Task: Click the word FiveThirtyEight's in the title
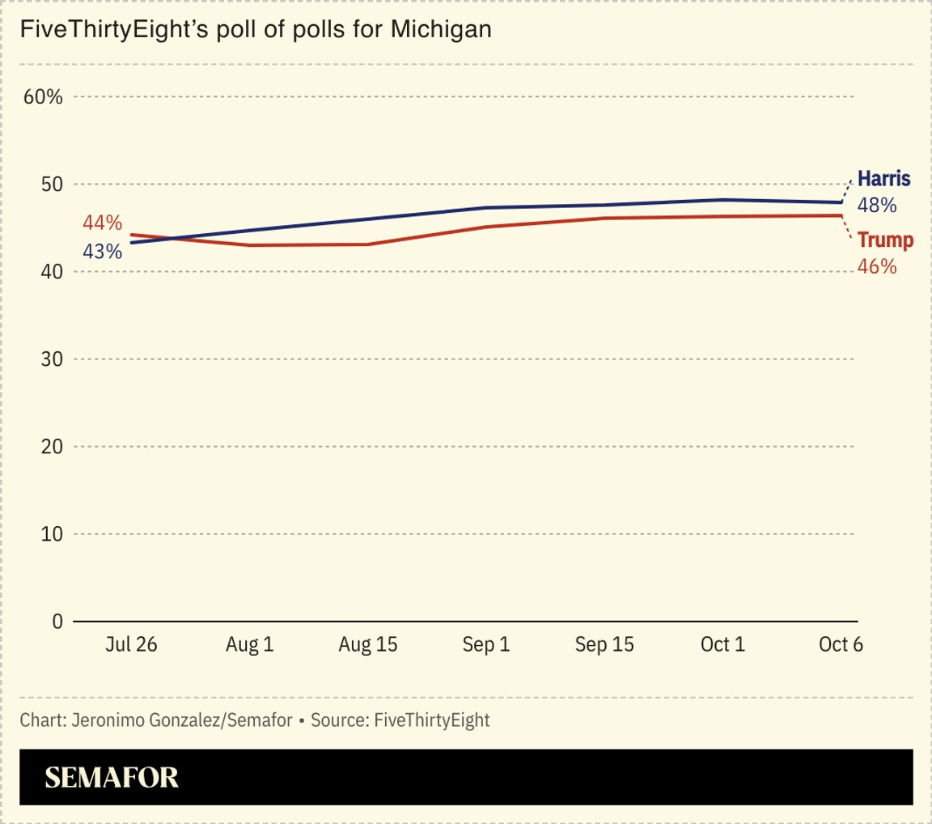tap(98, 30)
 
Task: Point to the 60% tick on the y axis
tap(43, 97)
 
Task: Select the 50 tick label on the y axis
tap(52, 185)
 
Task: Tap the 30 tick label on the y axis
tap(52, 359)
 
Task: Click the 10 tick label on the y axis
tap(52, 534)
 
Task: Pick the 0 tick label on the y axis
tap(57, 622)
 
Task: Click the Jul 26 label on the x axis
tap(131, 645)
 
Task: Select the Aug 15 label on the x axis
tap(368, 645)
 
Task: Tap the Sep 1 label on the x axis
tap(486, 645)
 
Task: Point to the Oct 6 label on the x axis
tap(841, 645)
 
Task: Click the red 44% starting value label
tap(102, 223)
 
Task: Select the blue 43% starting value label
tap(102, 252)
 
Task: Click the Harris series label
tap(883, 179)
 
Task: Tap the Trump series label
tap(885, 240)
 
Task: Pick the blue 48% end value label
tap(877, 206)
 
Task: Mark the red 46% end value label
tap(877, 266)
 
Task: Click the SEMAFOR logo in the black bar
tap(112, 778)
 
